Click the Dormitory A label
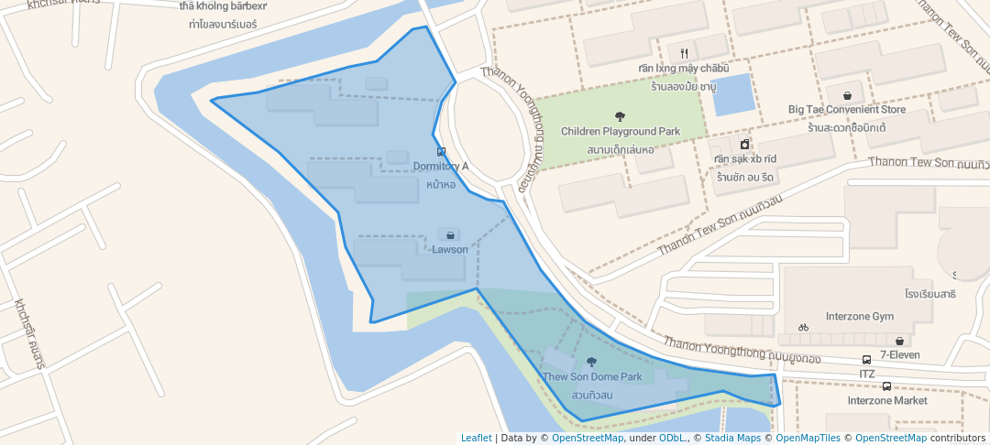(440, 167)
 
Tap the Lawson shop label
(450, 249)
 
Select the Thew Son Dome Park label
(591, 376)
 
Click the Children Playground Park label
(621, 132)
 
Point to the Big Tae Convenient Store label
(846, 110)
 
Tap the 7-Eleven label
(900, 354)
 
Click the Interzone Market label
(886, 400)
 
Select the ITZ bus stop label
(867, 374)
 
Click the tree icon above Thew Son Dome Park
(591, 362)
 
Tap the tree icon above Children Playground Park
(621, 116)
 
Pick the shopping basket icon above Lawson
(450, 235)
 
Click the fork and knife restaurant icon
(684, 53)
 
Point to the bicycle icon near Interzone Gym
(804, 327)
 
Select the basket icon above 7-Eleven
(900, 341)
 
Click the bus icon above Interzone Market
(886, 385)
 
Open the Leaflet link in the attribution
(475, 438)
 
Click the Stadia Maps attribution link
(731, 438)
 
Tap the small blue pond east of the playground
(732, 94)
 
